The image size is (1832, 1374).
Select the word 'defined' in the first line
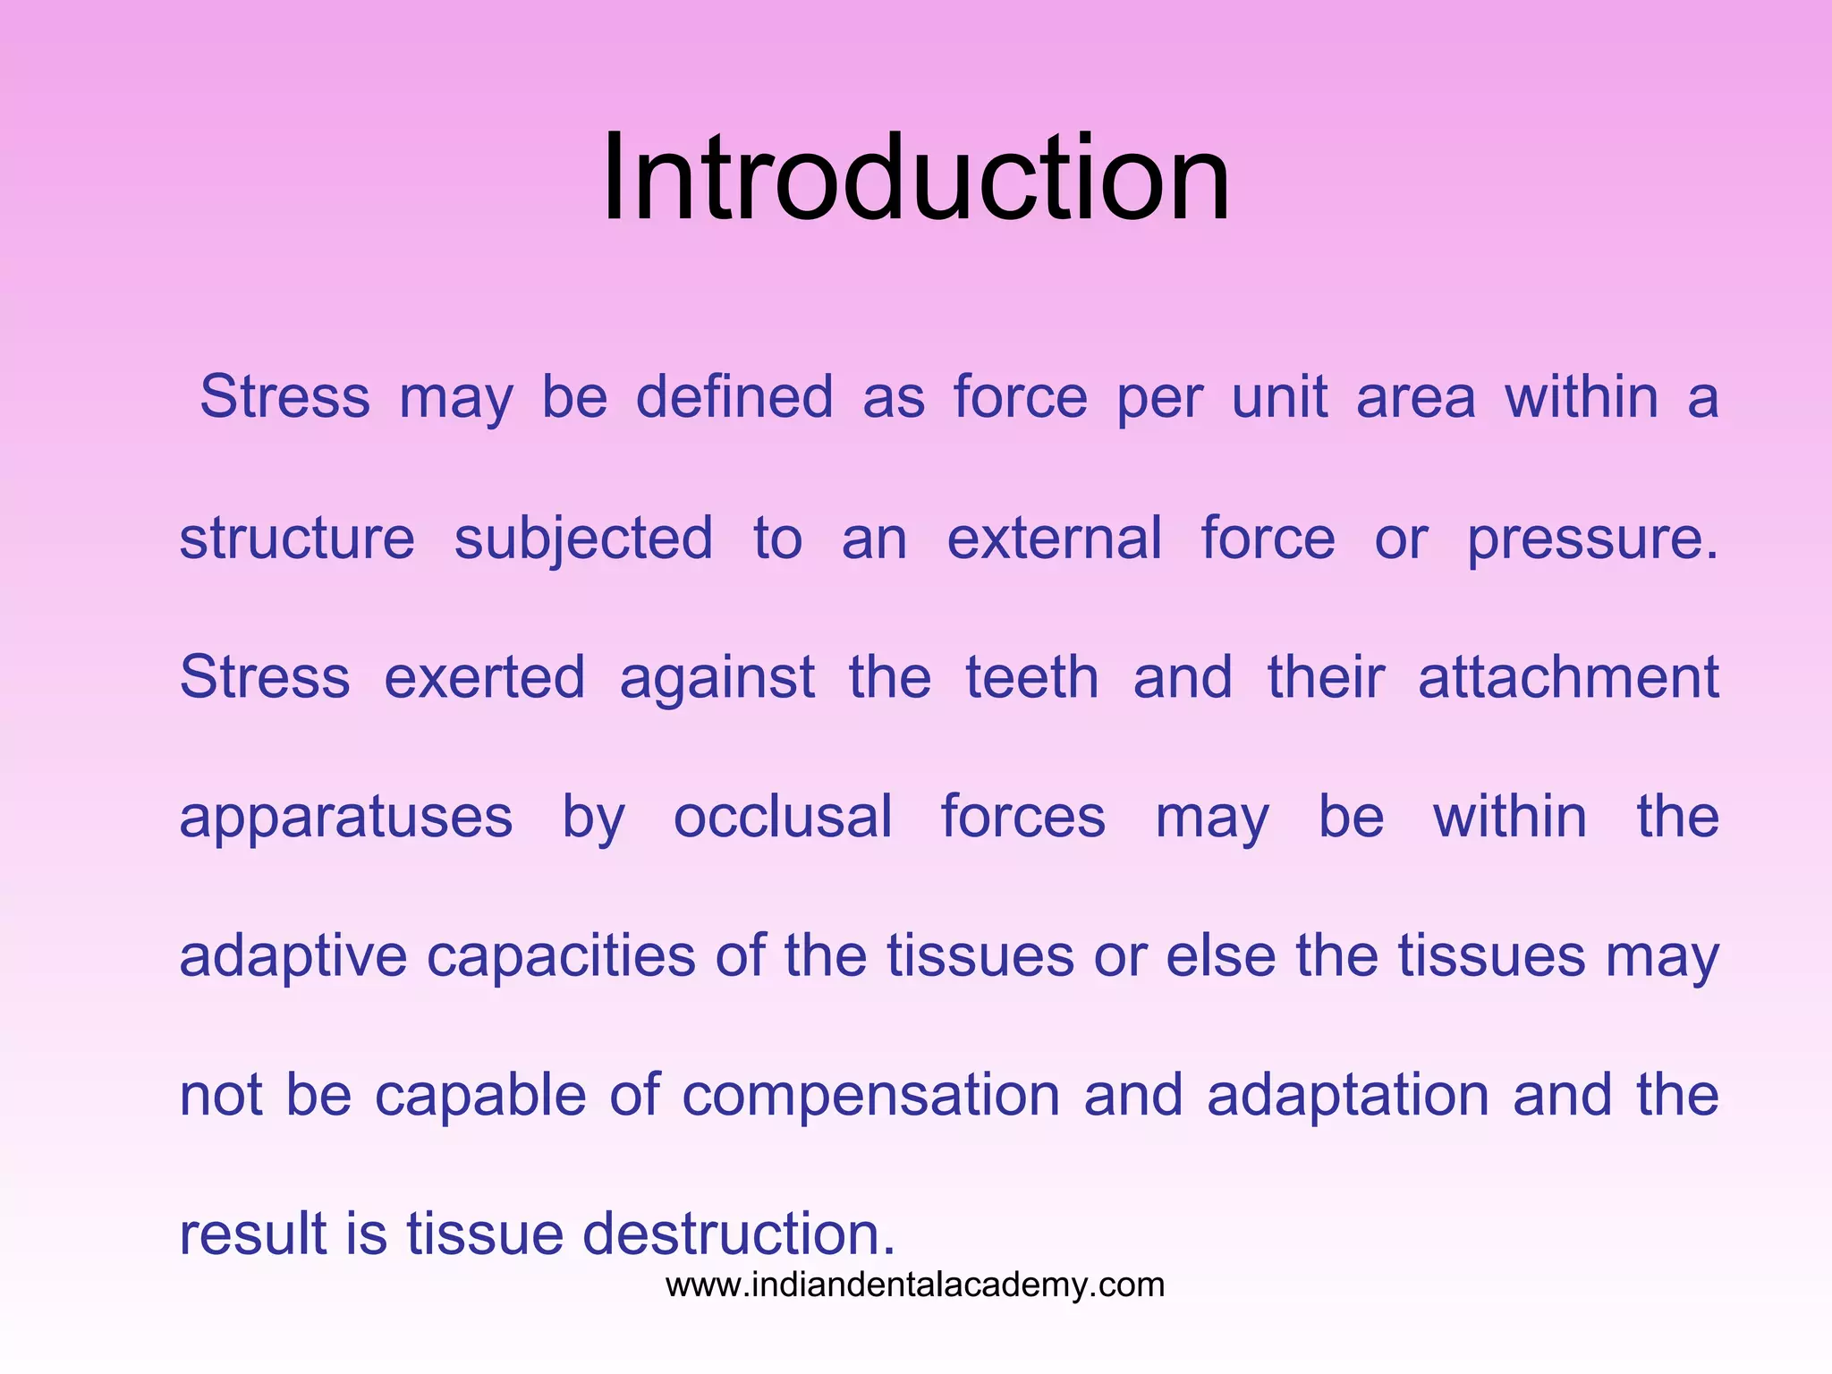pyautogui.click(x=734, y=397)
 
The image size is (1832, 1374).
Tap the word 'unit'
pyautogui.click(x=1279, y=397)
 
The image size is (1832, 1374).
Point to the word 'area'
pyautogui.click(x=1415, y=399)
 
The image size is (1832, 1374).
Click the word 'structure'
pyautogui.click(x=297, y=539)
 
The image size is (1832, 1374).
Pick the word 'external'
pyautogui.click(x=1055, y=539)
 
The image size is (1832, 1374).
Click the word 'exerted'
pyautogui.click(x=485, y=677)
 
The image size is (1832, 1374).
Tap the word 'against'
pyautogui.click(x=717, y=679)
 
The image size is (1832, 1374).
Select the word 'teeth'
pyautogui.click(x=1032, y=677)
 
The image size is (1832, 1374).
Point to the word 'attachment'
pyautogui.click(x=1568, y=677)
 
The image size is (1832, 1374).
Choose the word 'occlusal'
pyautogui.click(x=783, y=817)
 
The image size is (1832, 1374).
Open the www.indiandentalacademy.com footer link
pyautogui.click(x=915, y=1285)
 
